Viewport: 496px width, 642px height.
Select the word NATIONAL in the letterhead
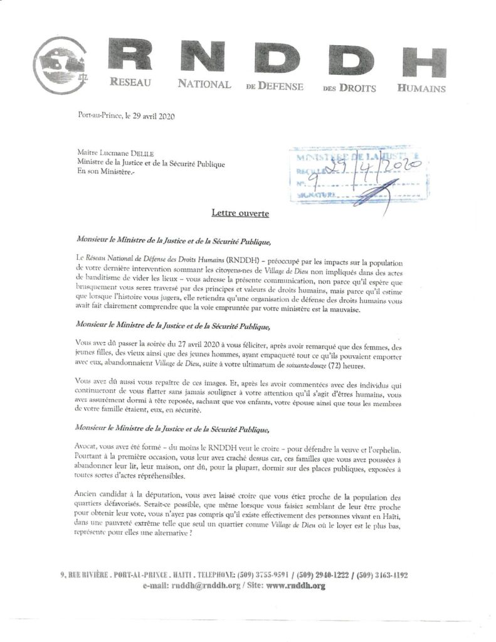pos(204,83)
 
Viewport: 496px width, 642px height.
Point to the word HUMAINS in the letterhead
pos(421,88)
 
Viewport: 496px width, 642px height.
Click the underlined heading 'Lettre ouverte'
pos(240,214)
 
